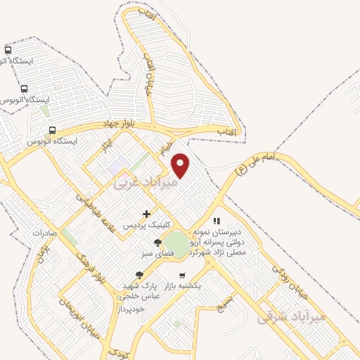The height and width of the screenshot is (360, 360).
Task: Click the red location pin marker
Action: tap(181, 165)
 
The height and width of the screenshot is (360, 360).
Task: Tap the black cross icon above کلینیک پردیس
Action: tap(146, 214)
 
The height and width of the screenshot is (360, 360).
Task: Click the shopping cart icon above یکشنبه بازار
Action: tap(183, 275)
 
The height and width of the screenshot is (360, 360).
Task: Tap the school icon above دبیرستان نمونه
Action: tap(217, 221)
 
